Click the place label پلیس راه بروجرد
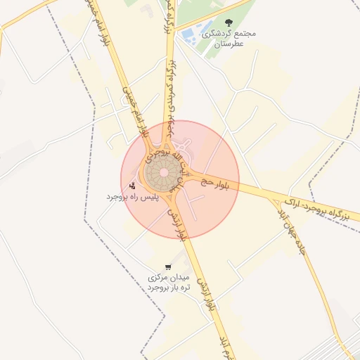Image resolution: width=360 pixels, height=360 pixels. click(133, 197)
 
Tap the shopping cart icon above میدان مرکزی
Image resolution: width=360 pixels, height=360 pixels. click(167, 267)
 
